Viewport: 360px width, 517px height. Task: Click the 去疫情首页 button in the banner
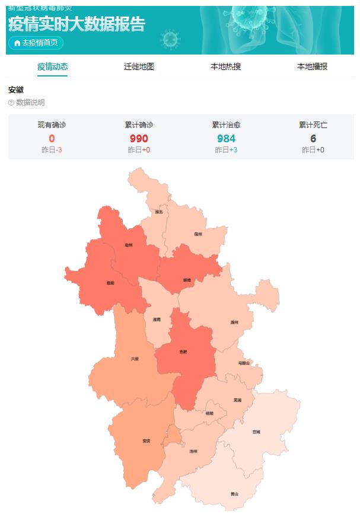[36, 43]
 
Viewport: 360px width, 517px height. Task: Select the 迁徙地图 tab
[139, 66]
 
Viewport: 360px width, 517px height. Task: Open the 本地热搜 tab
[225, 66]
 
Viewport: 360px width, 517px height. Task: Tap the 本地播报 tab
[312, 66]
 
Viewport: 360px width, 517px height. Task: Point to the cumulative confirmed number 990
[139, 139]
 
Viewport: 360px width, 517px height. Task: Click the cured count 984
[226, 139]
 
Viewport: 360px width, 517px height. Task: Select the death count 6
[313, 139]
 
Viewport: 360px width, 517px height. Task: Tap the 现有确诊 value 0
[52, 139]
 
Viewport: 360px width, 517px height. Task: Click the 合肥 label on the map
[183, 352]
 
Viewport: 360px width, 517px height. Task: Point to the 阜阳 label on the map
[110, 283]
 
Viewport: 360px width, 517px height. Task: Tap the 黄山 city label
[235, 493]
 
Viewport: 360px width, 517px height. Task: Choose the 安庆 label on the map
[146, 441]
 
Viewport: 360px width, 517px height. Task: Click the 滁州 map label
[234, 323]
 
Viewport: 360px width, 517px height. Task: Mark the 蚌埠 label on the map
[187, 279]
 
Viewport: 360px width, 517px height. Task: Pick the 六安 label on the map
[135, 359]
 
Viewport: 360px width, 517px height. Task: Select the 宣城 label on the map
[256, 432]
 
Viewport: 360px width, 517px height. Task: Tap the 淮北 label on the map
[158, 212]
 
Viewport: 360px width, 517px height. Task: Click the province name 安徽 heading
[15, 90]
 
